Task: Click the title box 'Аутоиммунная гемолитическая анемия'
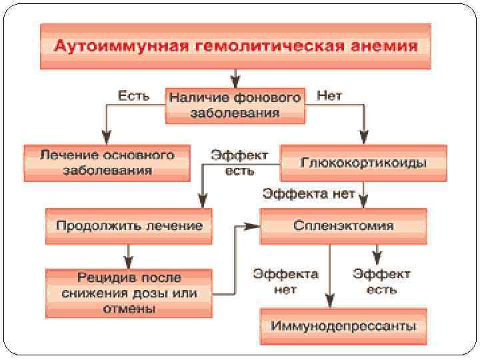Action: (x=235, y=46)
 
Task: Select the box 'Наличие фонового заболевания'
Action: (x=235, y=105)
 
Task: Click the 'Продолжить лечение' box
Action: (x=129, y=225)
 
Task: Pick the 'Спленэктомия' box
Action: (x=343, y=225)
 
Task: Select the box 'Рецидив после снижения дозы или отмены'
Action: (x=129, y=293)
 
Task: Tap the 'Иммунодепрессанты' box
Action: (x=343, y=326)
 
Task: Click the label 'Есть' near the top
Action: (x=133, y=96)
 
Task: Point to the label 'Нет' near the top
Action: (x=330, y=96)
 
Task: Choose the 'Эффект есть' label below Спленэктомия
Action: (x=382, y=281)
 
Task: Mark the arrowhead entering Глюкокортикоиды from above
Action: (x=363, y=137)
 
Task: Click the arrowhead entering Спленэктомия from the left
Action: (x=253, y=226)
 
